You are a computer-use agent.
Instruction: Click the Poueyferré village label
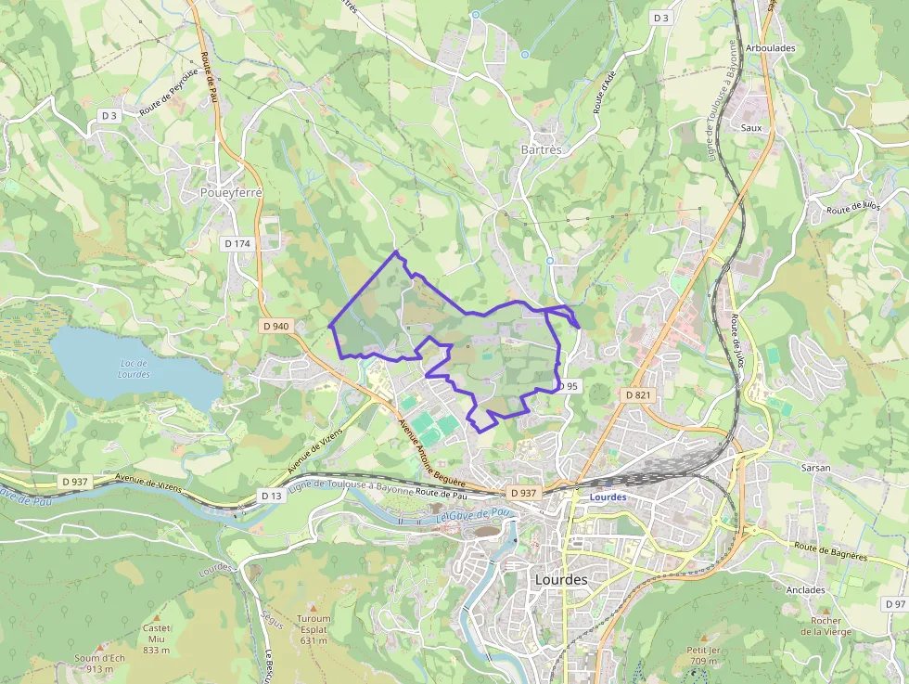coord(231,193)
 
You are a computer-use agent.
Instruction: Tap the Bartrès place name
coord(542,149)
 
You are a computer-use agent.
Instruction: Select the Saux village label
coord(750,127)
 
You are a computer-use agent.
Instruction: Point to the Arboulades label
coord(769,47)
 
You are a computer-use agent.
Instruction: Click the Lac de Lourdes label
coord(134,368)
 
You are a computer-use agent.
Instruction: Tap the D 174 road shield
coord(237,243)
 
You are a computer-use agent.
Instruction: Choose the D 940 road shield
coord(276,326)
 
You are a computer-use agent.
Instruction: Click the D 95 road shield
coord(568,386)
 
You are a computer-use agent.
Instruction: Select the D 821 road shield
coord(637,395)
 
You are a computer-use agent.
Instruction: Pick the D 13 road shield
coord(271,496)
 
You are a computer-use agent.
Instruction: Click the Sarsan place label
coord(816,468)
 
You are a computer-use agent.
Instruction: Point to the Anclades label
coord(805,589)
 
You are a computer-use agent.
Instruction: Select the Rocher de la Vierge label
coord(826,626)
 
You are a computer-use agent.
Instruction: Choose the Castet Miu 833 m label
coord(156,639)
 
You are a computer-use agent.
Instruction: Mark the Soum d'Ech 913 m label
coord(99,663)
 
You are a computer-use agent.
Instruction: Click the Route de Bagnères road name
coord(830,550)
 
